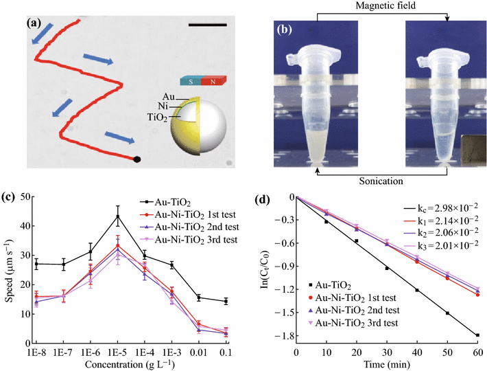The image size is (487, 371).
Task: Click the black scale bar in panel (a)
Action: click(206, 26)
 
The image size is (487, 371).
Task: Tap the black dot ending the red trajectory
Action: click(136, 159)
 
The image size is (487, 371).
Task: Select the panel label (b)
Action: click(284, 29)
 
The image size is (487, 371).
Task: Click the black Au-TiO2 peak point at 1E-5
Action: click(117, 216)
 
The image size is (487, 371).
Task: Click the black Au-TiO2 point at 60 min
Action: click(477, 335)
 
